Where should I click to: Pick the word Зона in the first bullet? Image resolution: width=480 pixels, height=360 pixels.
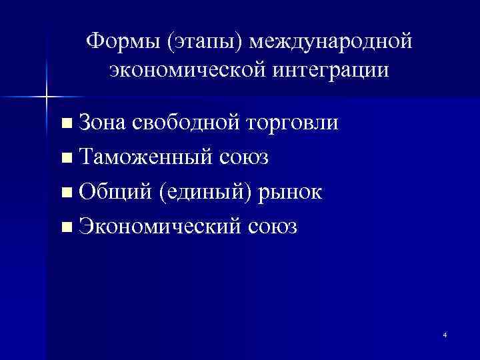pyautogui.click(x=101, y=123)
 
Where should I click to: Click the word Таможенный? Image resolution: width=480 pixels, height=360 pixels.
pyautogui.click(x=144, y=158)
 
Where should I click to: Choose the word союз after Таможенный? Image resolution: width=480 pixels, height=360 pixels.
pyautogui.click(x=243, y=158)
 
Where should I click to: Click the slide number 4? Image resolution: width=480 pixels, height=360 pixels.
pyautogui.click(x=444, y=335)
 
